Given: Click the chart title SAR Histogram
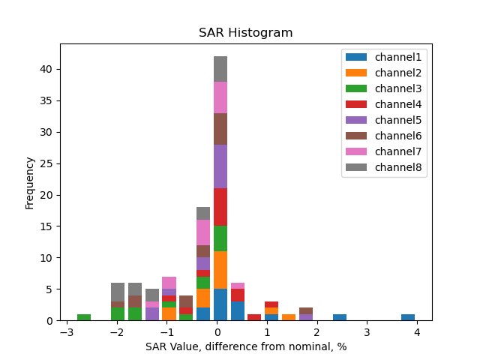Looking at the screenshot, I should [x=245, y=33].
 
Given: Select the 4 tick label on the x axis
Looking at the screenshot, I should [x=416, y=332].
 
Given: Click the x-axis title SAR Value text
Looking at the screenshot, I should [x=245, y=346].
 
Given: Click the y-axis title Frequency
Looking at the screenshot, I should [x=30, y=182].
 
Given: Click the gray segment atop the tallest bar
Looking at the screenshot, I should [x=220, y=69].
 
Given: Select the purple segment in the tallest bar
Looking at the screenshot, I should [x=220, y=166].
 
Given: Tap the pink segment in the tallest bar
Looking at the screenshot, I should [x=220, y=97].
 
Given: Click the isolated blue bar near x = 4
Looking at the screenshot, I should [x=408, y=317].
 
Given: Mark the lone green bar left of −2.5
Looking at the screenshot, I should [x=84, y=317].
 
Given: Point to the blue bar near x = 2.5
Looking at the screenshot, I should [x=340, y=317].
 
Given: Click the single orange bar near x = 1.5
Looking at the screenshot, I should [x=289, y=317].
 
